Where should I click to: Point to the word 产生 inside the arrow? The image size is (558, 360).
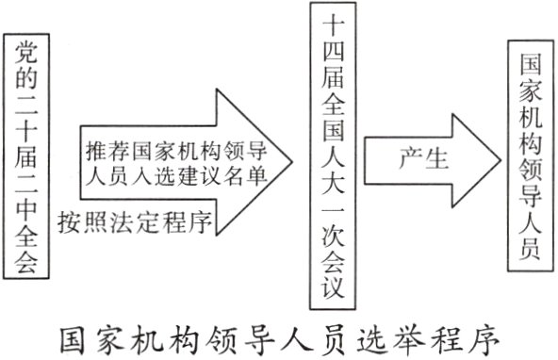point(416,155)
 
